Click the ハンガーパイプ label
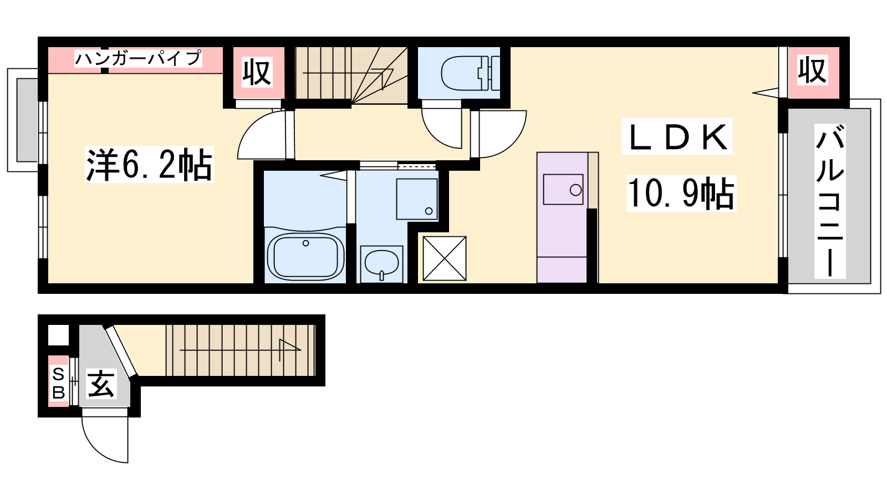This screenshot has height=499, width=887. [x=138, y=59]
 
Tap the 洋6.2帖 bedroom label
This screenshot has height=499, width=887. [x=149, y=164]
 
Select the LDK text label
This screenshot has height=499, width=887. [x=677, y=136]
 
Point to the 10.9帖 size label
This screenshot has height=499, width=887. [x=681, y=193]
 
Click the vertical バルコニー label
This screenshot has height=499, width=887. [x=829, y=201]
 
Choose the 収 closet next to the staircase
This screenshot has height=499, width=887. [x=257, y=72]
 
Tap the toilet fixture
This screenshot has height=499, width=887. [x=471, y=73]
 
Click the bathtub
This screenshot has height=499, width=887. [x=305, y=255]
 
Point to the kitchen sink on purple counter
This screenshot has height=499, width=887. [x=563, y=189]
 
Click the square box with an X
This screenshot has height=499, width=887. [x=444, y=258]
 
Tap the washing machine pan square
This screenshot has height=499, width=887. [x=417, y=199]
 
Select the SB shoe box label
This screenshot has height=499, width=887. [x=59, y=383]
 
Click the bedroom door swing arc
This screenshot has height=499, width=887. [x=253, y=127]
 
